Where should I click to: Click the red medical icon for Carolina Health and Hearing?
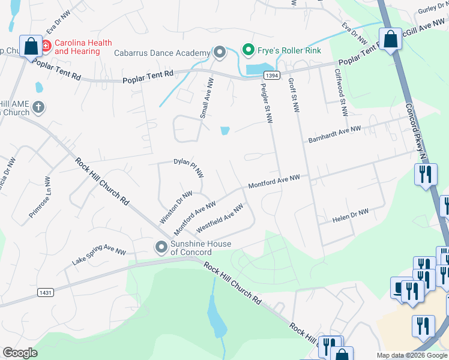[46, 46]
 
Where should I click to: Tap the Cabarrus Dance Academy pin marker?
[220, 53]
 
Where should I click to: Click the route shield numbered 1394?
[271, 74]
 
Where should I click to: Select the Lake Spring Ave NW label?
[98, 257]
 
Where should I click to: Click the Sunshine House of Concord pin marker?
[161, 247]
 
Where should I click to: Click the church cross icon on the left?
[38, 107]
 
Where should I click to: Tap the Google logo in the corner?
[20, 353]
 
